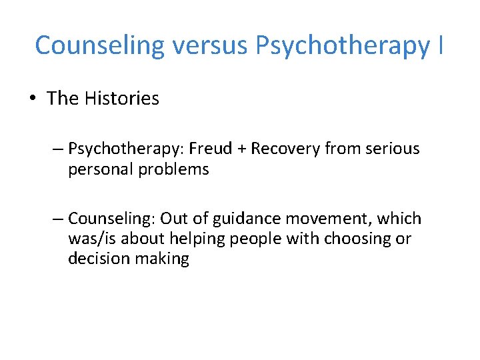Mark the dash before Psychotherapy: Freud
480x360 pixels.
click(x=58, y=149)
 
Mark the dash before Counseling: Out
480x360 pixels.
click(x=58, y=219)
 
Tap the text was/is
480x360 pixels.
click(x=93, y=239)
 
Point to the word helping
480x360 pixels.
click(x=197, y=239)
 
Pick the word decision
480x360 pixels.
click(x=95, y=259)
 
